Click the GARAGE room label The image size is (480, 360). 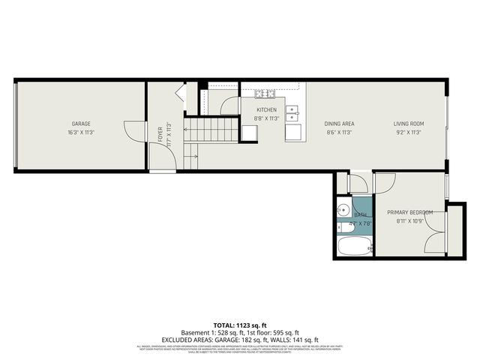tap(81, 124)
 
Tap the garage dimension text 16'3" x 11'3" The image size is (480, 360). tap(81, 132)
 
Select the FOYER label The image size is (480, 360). tap(160, 134)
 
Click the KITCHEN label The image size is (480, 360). tap(266, 109)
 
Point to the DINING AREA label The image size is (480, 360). tap(339, 124)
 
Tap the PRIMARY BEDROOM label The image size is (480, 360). tap(409, 212)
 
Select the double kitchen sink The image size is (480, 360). tap(295, 113)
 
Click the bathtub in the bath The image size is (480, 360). tap(355, 245)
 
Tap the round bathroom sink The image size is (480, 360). tap(343, 210)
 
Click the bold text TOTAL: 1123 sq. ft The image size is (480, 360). tap(240, 325)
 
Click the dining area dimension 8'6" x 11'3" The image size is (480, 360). tap(339, 132)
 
